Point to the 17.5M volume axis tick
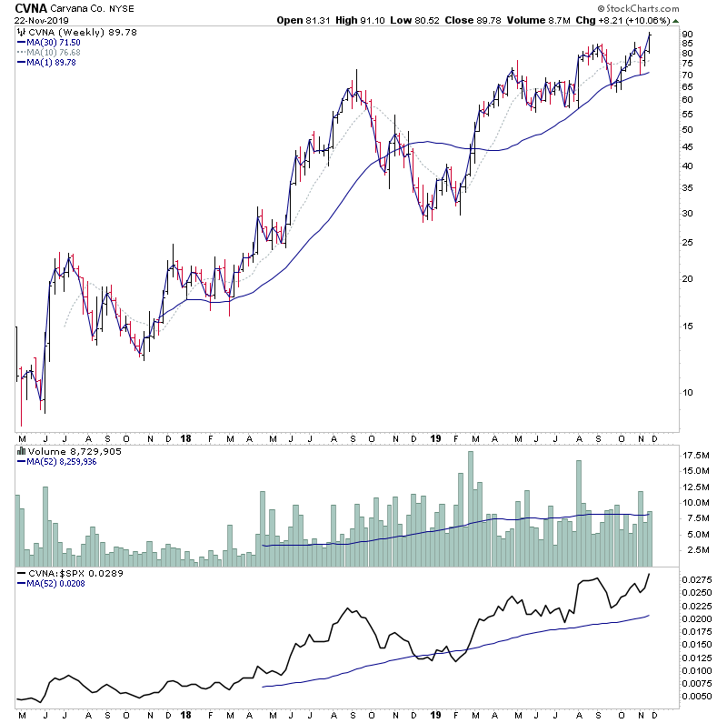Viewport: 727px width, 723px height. [x=695, y=455]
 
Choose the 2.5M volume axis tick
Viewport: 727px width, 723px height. [x=695, y=550]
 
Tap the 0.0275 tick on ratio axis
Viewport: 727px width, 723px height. [x=698, y=579]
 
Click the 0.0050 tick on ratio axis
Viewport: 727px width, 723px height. [x=698, y=697]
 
